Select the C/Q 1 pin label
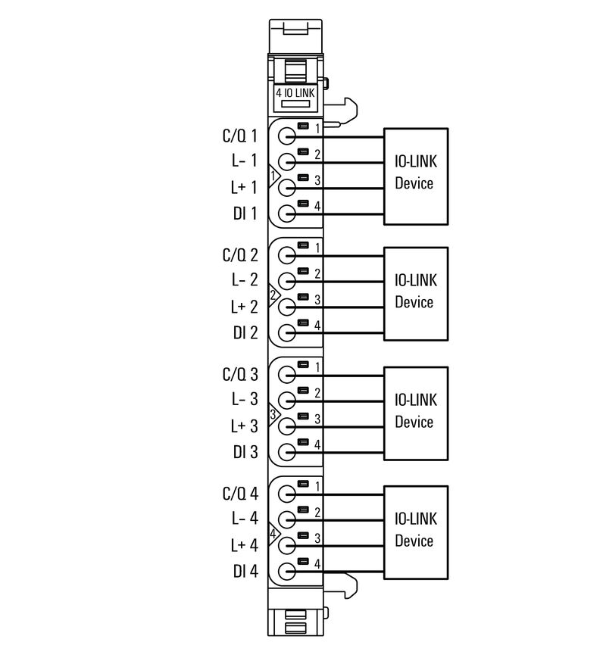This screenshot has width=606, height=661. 240,137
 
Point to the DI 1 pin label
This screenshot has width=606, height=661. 245,214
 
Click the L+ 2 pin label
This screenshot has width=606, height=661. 244,307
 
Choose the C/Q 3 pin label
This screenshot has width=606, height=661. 240,375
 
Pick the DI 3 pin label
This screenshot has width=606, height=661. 245,452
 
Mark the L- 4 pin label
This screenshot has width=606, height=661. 244,519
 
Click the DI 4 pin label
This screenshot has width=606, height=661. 245,572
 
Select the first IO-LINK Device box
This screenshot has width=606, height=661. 415,175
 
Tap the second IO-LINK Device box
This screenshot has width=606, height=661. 415,293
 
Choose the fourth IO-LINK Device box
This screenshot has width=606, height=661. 415,531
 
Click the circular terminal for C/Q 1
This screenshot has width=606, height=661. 287,137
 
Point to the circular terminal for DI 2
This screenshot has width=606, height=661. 287,333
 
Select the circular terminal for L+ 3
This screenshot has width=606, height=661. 287,426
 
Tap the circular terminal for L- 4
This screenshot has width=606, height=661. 287,519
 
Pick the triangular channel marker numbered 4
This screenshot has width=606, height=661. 274,532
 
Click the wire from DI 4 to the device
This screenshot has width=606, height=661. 348,572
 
